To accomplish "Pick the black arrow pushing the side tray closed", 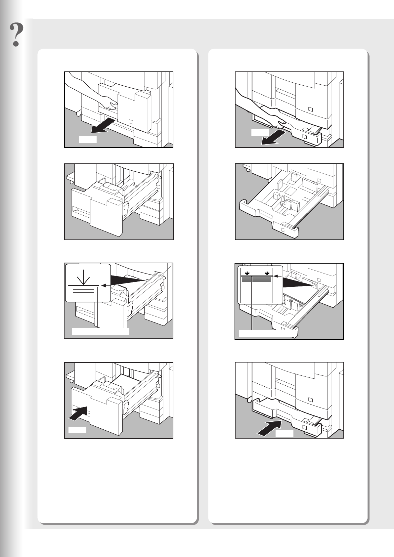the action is [x=78, y=413].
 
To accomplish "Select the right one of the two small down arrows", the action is [x=267, y=273].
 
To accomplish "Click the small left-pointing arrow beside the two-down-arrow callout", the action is [x=278, y=276].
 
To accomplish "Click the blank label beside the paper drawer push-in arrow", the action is [x=285, y=434].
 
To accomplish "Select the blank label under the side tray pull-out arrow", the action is [x=88, y=139].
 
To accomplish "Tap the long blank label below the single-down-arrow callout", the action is [x=101, y=331].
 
